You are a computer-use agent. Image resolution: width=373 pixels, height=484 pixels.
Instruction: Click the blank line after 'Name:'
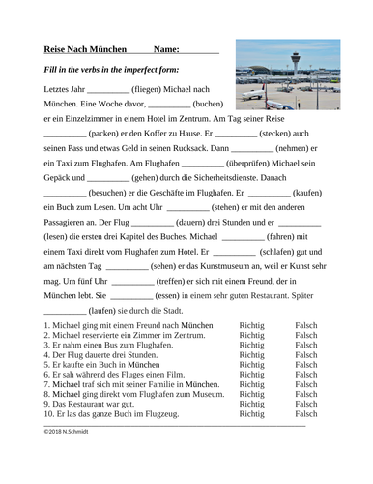coord(200,52)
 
